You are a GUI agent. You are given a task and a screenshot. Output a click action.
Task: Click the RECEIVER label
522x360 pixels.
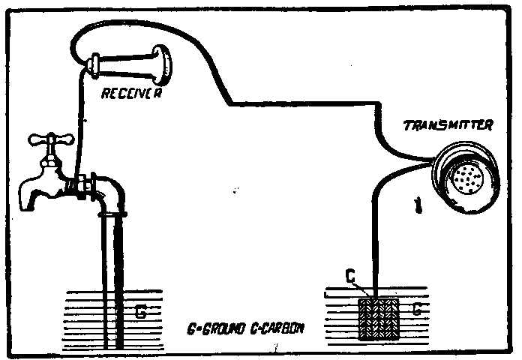[135, 93]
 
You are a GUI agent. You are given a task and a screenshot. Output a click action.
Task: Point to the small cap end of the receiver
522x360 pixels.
[95, 65]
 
